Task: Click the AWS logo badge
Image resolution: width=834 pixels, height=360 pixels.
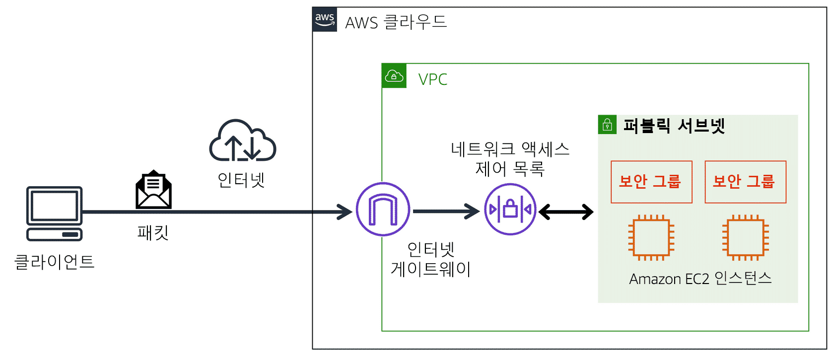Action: [x=325, y=19]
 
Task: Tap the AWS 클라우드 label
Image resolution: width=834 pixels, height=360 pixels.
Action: [x=396, y=22]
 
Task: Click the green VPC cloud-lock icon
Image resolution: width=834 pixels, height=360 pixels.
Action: [x=394, y=76]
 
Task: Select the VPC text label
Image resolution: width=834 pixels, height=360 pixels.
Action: [x=432, y=79]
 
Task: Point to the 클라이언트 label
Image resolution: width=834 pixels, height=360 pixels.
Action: [x=54, y=262]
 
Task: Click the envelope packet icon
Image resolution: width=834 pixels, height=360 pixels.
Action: [x=153, y=190]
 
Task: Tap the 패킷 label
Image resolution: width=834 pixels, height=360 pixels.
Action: [x=153, y=232]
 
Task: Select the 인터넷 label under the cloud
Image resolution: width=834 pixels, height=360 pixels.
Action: [x=241, y=180]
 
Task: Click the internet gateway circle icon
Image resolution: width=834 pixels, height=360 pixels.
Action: [x=383, y=210]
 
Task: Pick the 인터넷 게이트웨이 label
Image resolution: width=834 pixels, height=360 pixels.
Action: [x=431, y=259]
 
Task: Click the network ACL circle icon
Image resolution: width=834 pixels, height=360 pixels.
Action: [x=510, y=210]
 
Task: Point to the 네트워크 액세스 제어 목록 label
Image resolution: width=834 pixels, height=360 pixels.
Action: [x=510, y=159]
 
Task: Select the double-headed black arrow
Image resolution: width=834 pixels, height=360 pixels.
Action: [x=566, y=212]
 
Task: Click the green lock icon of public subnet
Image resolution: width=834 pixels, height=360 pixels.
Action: [x=607, y=125]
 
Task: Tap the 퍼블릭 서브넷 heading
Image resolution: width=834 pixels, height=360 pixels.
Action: [x=674, y=126]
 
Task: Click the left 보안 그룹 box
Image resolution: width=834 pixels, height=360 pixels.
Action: [x=651, y=182]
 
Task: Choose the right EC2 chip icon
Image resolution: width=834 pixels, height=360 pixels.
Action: [x=745, y=238]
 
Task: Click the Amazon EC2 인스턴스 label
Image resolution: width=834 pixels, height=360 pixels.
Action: [x=700, y=279]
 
